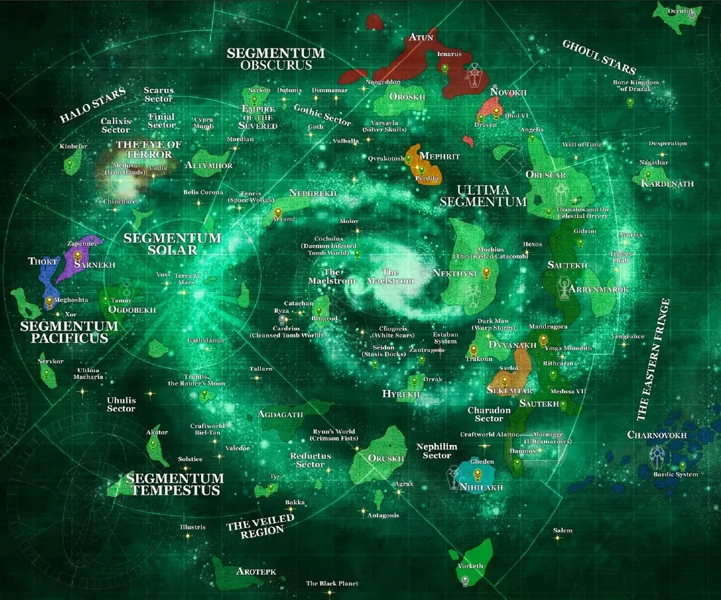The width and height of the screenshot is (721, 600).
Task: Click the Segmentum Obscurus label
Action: click(276, 59)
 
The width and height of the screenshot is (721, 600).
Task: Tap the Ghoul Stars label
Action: click(598, 57)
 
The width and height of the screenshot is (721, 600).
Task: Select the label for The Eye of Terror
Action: click(149, 149)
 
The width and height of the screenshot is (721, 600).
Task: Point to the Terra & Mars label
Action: click(187, 279)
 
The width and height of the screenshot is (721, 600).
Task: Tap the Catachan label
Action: click(299, 304)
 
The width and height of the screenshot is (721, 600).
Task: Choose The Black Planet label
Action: click(332, 584)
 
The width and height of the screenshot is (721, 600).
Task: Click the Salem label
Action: click(563, 531)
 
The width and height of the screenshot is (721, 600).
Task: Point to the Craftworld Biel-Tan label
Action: click(208, 430)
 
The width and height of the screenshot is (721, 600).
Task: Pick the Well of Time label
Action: click(582, 145)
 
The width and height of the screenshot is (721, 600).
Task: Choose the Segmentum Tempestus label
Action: click(175, 484)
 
